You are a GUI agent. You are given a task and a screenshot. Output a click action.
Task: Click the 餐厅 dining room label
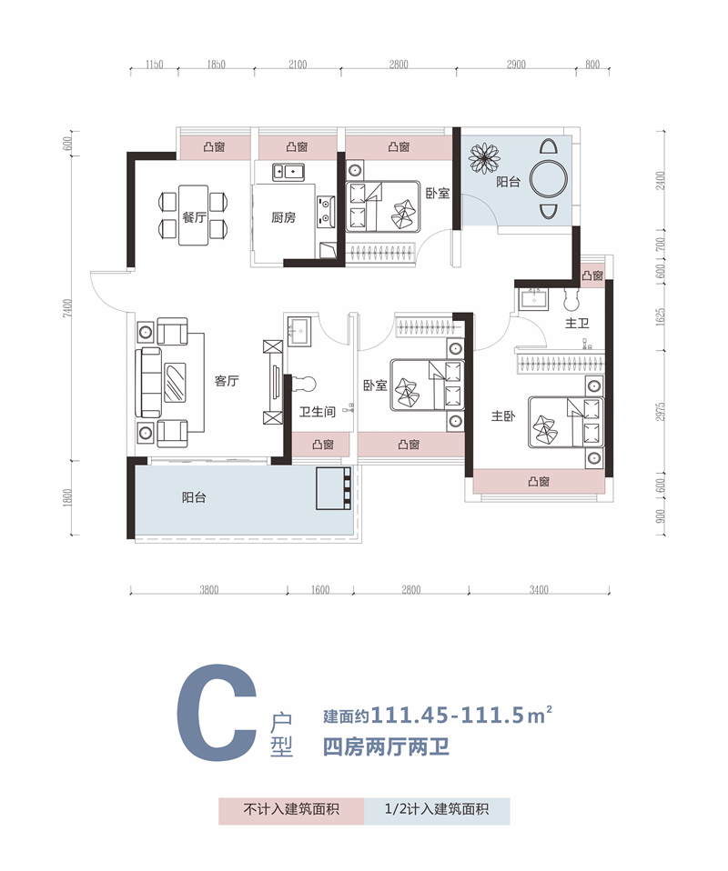194,217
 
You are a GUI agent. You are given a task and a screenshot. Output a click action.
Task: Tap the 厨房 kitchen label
284,217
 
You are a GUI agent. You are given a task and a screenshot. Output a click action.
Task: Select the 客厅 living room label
227,381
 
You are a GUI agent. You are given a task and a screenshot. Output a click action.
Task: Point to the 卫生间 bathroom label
318,412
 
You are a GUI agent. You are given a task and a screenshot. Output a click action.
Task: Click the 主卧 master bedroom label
503,415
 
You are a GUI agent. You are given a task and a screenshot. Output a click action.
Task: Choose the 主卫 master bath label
577,323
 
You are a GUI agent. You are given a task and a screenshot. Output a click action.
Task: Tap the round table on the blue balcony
549,179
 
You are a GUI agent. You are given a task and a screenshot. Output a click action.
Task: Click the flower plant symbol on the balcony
484,158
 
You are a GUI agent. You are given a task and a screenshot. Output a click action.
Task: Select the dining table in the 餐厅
194,215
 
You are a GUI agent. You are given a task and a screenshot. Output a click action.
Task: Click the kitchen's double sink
288,172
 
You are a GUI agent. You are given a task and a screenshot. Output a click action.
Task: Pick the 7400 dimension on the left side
68,308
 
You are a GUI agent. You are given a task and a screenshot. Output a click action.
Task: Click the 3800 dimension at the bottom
209,590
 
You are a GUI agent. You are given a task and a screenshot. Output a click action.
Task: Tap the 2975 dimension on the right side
660,412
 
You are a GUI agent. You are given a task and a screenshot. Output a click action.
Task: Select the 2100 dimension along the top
298,65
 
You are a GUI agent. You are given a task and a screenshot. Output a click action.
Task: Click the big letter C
217,713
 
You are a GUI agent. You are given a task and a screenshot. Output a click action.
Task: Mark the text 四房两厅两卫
386,747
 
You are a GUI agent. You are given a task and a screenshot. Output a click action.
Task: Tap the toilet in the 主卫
571,300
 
